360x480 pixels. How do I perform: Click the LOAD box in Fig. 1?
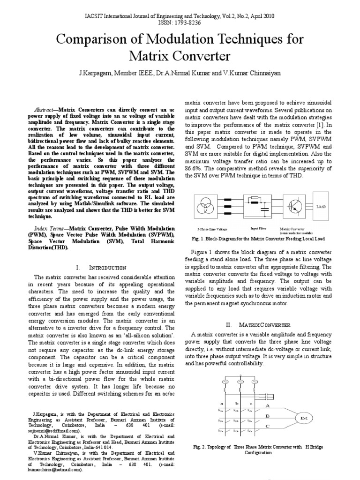click(321, 206)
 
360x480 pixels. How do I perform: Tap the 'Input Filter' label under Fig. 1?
click(259, 228)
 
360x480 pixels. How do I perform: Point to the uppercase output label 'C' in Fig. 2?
click(268, 426)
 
